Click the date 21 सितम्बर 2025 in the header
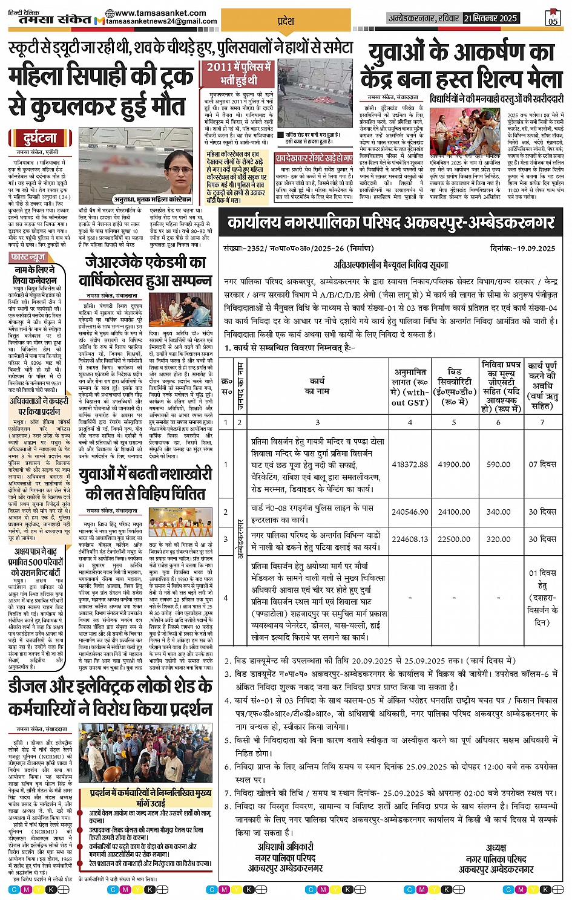[490, 19]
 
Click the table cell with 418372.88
[410, 465]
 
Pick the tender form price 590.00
[498, 465]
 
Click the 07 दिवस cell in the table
[542, 465]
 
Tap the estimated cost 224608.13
[410, 539]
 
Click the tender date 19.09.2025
[537, 248]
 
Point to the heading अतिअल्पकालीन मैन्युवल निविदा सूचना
[391, 265]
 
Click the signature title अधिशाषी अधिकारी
[285, 846]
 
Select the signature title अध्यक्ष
[496, 847]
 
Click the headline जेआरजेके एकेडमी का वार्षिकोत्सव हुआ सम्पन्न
[145, 272]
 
